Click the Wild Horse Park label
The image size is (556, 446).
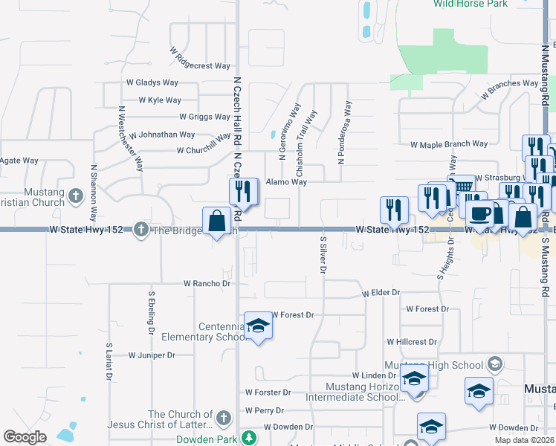tap(445, 4)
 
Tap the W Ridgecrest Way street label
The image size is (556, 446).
tap(197, 59)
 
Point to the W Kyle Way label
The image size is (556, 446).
tap(160, 100)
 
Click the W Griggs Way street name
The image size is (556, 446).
tap(204, 117)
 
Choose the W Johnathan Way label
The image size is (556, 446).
tap(161, 135)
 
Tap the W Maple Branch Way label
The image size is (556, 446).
tap(449, 144)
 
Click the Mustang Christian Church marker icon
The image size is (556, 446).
tap(75, 196)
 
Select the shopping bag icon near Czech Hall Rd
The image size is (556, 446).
tap(216, 222)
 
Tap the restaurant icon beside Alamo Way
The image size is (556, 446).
tap(242, 191)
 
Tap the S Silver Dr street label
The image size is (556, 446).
tap(323, 255)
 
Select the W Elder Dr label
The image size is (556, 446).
tap(381, 294)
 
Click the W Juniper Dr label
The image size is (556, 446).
tap(152, 355)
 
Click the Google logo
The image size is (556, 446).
tap(25, 437)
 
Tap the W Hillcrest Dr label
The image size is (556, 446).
tap(412, 342)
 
